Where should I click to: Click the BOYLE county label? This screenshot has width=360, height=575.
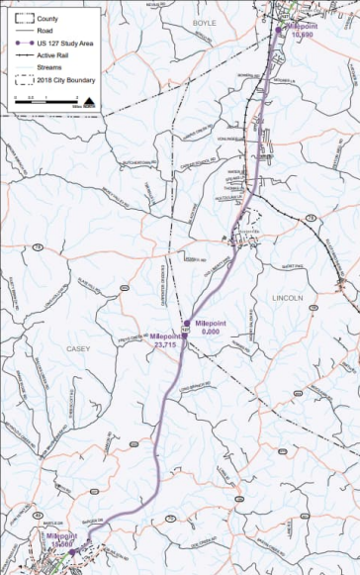(204, 21)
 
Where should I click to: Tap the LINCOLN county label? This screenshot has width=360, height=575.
(287, 296)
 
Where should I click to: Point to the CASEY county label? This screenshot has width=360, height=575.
(77, 349)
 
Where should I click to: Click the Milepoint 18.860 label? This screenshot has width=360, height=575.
(61, 540)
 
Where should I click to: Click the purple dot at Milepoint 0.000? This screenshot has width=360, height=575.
(186, 323)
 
